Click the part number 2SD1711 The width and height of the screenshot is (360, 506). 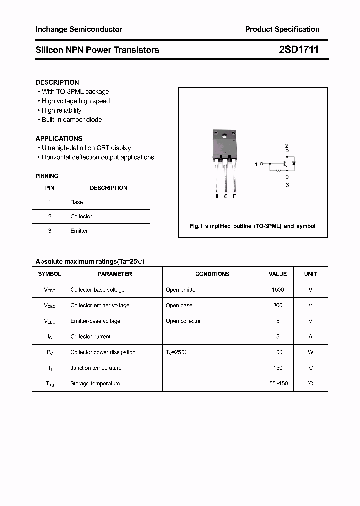tap(298, 50)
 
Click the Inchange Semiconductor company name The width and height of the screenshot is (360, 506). tap(79, 29)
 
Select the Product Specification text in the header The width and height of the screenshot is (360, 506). tap(282, 29)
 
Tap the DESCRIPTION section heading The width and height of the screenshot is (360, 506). tap(57, 82)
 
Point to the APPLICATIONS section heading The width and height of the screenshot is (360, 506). tap(59, 138)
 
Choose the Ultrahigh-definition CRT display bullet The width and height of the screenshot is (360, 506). tap(86, 148)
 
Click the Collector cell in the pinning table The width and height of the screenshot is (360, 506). tap(81, 216)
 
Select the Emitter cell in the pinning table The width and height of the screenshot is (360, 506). tap(79, 231)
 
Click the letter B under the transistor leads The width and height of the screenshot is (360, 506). tap(217, 196)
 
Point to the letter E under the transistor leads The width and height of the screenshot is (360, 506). tap(234, 196)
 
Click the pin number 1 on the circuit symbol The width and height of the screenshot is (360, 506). tap(257, 164)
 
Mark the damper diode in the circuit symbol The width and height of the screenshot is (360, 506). tap(294, 163)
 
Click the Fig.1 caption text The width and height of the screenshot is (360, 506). tap(253, 226)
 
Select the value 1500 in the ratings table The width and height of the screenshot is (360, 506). tap(278, 290)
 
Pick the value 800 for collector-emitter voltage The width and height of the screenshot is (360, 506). tap(278, 305)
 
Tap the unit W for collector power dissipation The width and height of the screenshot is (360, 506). tap(310, 352)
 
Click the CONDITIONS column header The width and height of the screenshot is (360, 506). tap(212, 274)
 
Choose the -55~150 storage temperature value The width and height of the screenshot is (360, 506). tap(278, 384)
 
